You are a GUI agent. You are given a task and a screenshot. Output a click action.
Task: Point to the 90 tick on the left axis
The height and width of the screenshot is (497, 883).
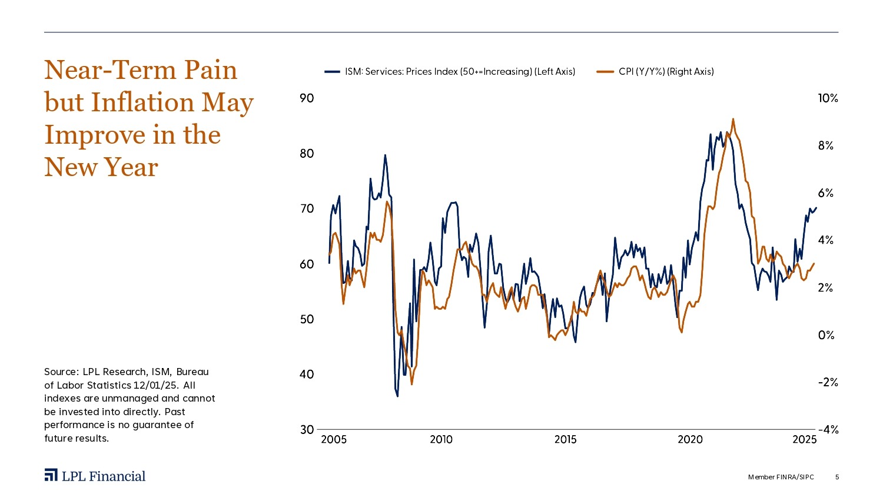(x=307, y=98)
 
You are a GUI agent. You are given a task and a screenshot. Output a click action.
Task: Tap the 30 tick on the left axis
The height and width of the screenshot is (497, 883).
(x=307, y=430)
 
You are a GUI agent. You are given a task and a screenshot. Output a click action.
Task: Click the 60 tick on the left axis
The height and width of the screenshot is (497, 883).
(x=307, y=264)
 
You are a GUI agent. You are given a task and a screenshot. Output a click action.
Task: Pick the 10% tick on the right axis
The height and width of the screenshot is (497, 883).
(x=828, y=98)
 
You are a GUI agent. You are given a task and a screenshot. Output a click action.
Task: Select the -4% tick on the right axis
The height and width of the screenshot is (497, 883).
(x=828, y=430)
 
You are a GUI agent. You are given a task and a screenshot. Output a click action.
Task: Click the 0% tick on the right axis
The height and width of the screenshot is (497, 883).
(x=826, y=335)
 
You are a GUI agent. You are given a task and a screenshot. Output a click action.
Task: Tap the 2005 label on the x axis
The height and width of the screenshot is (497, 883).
(x=334, y=440)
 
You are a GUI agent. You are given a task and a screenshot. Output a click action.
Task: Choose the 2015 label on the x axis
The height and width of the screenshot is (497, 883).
(x=565, y=440)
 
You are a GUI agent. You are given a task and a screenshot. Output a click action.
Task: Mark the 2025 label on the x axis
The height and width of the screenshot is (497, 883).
(x=804, y=440)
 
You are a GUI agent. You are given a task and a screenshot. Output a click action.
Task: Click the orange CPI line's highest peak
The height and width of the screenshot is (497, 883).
(x=733, y=120)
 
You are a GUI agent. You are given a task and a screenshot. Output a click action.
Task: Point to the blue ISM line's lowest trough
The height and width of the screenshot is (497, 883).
(x=397, y=396)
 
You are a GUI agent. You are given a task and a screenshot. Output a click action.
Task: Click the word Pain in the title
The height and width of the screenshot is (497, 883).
(x=210, y=70)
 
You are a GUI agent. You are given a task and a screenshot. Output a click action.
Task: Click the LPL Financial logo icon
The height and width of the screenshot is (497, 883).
(x=51, y=476)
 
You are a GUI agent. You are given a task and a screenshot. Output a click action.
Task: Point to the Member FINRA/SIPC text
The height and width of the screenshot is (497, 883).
(x=781, y=477)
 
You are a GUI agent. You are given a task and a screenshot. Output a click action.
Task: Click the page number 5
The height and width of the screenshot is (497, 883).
(x=837, y=477)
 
